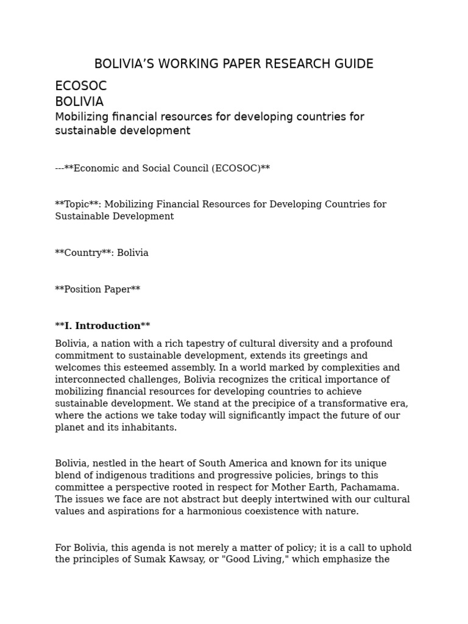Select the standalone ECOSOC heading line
pyautogui.click(x=80, y=87)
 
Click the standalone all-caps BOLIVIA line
pyautogui.click(x=79, y=102)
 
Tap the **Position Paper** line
pyautogui.click(x=97, y=289)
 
